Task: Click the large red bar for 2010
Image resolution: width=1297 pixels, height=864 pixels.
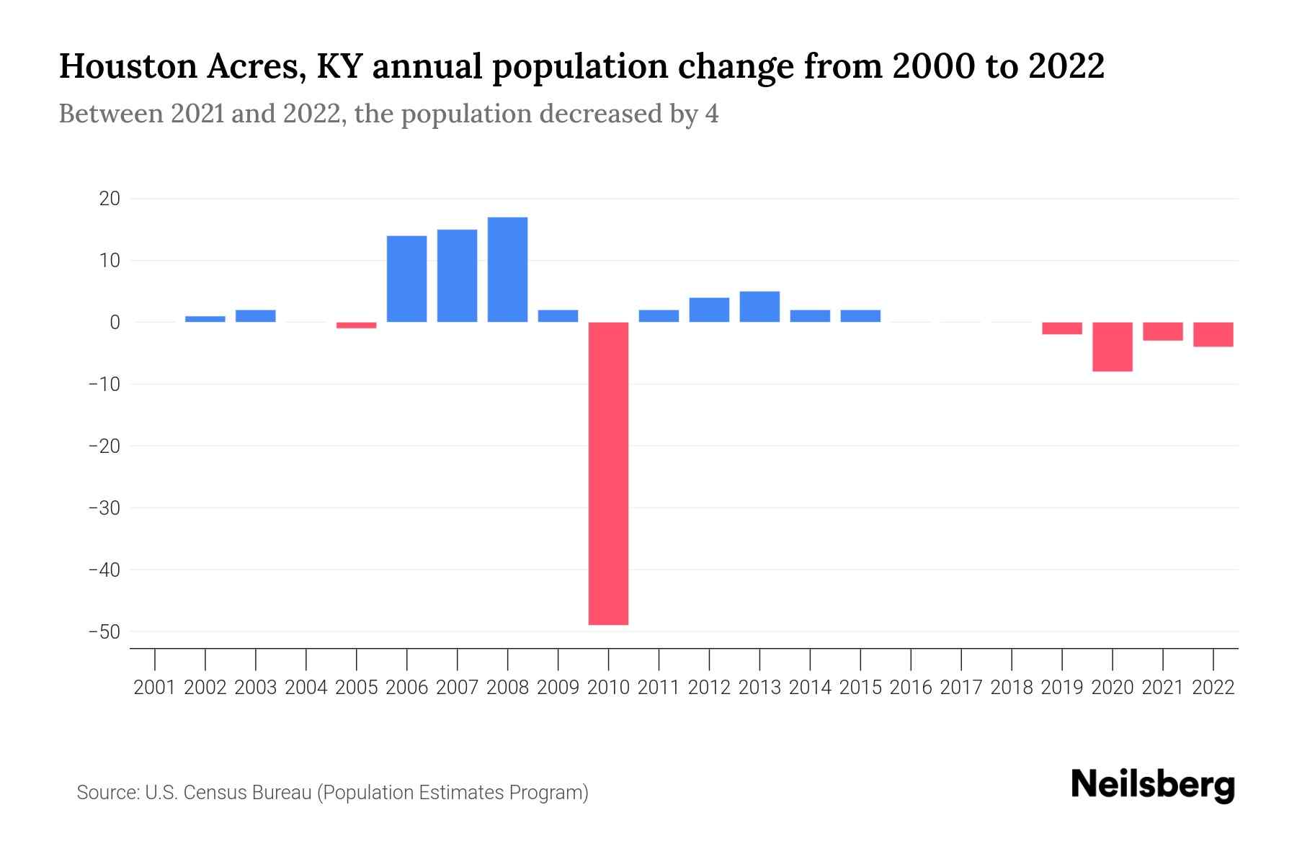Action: coord(608,473)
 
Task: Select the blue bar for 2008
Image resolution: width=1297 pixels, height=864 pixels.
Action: coord(507,269)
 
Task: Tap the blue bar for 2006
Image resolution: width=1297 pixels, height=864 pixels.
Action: coord(406,279)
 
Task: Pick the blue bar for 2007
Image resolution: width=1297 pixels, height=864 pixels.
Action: coord(457,276)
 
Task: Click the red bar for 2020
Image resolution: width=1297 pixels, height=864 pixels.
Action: coord(1112,346)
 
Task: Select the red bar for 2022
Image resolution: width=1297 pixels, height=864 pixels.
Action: coord(1213,335)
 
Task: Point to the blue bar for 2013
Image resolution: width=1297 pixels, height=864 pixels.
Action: coord(759,307)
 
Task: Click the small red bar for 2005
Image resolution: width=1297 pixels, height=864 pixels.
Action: coord(356,325)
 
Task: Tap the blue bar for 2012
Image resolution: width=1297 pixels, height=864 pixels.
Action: coord(709,310)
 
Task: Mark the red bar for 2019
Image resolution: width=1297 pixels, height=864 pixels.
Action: coord(1061,328)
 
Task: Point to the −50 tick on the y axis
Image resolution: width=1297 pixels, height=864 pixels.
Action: coord(104,632)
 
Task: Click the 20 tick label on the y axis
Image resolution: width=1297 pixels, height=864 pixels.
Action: coord(110,199)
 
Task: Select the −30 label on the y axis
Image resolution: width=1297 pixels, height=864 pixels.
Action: coord(104,508)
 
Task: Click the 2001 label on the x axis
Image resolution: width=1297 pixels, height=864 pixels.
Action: coord(155,688)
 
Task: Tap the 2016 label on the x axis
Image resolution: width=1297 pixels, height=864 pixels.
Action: coord(911,688)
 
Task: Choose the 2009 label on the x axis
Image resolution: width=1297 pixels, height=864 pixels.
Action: coord(558,688)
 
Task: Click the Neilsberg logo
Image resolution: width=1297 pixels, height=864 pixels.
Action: coord(1153,786)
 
